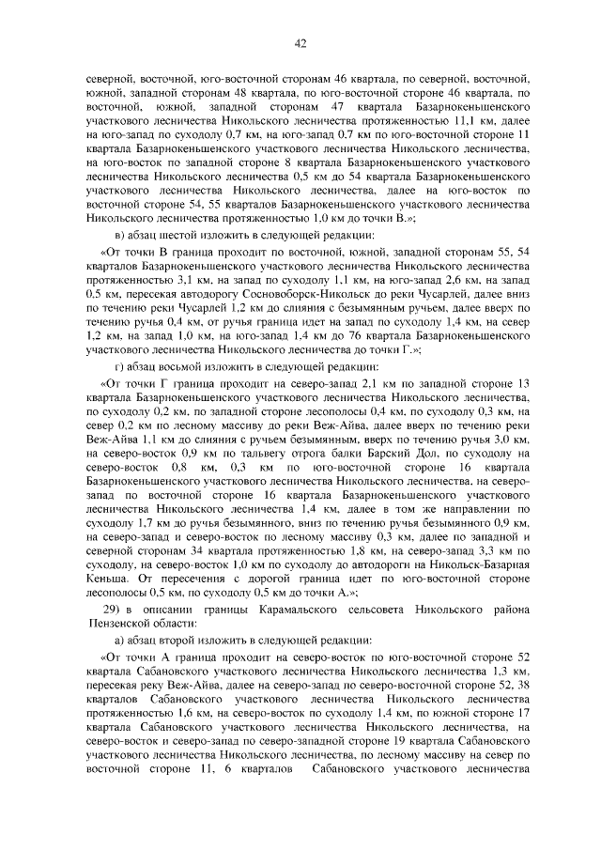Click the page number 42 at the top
300,41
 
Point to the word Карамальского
301,609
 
